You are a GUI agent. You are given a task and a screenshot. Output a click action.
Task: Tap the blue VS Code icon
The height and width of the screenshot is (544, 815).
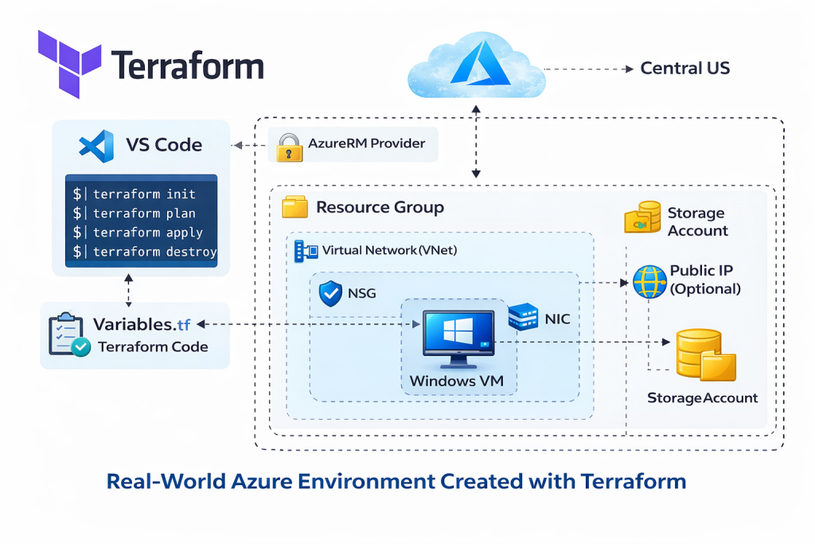pos(97,146)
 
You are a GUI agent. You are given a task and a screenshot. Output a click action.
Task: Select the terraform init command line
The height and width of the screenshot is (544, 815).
pos(144,194)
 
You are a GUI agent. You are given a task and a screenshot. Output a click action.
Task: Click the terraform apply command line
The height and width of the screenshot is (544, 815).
pos(147,233)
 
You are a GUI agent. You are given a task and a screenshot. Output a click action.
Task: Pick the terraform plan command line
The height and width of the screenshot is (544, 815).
pos(144,213)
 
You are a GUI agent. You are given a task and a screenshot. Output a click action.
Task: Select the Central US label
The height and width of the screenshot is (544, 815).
pos(684,68)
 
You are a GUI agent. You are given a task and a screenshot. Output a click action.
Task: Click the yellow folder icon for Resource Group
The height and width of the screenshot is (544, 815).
pos(295,208)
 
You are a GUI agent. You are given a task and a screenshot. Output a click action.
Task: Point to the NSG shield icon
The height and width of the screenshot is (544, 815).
pos(330,293)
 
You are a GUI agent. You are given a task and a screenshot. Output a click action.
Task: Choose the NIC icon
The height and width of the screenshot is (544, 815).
pos(524,318)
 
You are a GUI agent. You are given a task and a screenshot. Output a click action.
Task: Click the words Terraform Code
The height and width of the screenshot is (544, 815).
pos(152,347)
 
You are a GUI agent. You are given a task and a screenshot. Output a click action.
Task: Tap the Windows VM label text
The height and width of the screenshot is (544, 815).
pos(457,381)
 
